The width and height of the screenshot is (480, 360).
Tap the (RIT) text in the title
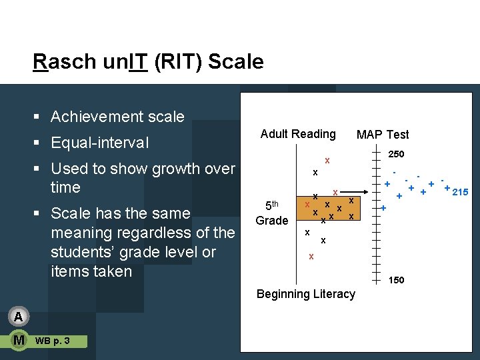tap(178, 62)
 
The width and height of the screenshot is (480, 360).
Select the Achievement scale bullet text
tap(117, 117)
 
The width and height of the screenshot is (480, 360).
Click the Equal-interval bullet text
tap(99, 143)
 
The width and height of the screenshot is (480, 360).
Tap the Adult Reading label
tap(298, 134)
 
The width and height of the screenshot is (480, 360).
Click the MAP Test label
tap(383, 135)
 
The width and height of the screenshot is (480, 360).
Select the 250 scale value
tap(396, 154)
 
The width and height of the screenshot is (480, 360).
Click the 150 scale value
tap(396, 280)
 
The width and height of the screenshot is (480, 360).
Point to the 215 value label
tap(461, 193)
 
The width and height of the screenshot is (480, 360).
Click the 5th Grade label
tap(272, 213)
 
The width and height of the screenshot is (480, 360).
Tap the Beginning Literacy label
tap(306, 294)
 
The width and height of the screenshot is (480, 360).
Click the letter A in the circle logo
tap(19, 316)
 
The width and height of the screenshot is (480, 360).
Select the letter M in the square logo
tap(19, 341)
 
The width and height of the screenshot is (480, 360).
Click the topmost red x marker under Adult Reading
tap(327, 161)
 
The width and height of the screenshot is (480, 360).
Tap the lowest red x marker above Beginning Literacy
tap(311, 257)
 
